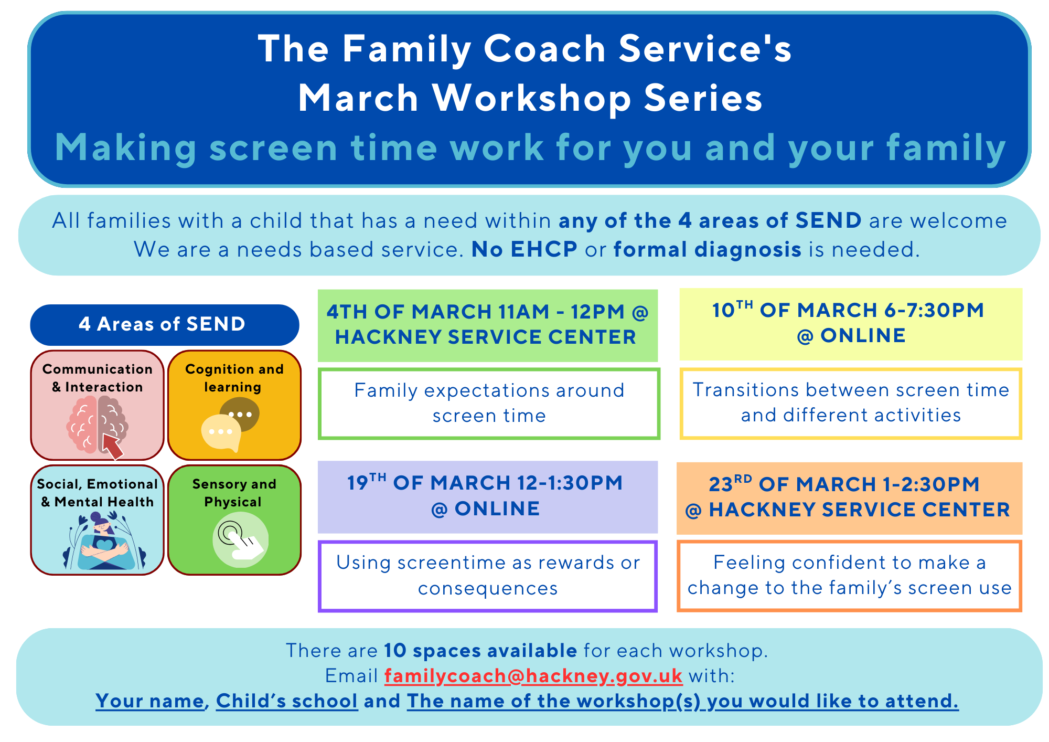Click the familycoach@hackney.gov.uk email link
533,676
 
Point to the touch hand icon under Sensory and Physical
241,540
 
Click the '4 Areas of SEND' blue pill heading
165,324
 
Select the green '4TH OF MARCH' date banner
488,325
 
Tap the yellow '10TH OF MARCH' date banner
851,324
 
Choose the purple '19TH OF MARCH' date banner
488,496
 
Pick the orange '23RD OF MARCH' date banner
850,498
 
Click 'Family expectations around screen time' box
489,404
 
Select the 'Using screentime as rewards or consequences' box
488,576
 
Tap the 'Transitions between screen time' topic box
851,403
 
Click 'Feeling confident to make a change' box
850,576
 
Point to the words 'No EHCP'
524,250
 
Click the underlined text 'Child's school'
287,701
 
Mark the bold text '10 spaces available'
480,651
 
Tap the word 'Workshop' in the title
531,99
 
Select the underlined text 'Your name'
150,701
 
